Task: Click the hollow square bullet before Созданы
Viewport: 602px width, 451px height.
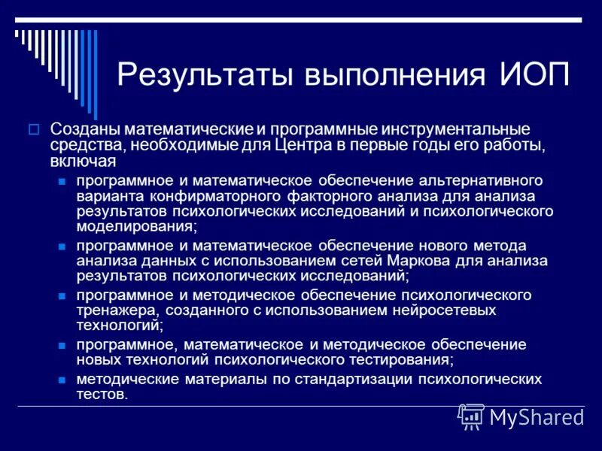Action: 33,129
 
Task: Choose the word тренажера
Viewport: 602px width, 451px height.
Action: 113,310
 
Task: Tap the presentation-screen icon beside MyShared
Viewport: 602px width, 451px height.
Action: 471,415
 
